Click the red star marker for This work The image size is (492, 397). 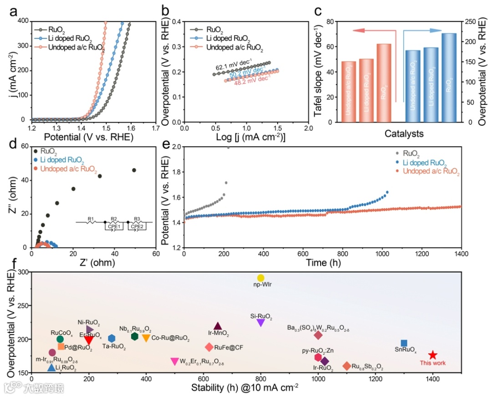click(432, 355)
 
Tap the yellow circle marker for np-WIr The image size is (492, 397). click(261, 278)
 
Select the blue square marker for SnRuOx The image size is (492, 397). click(404, 343)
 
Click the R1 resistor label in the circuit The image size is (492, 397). click(90, 219)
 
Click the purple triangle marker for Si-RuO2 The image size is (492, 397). click(261, 322)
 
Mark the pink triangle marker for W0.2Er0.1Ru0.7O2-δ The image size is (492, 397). click(174, 361)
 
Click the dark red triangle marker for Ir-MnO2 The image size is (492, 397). click(218, 326)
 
